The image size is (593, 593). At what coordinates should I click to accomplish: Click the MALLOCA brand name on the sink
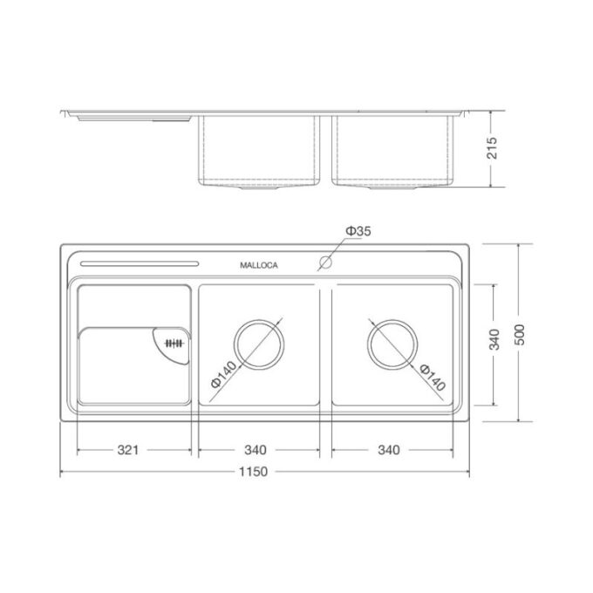258,266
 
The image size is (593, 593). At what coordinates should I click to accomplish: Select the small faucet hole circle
327,262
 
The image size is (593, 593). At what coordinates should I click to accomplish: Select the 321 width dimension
128,450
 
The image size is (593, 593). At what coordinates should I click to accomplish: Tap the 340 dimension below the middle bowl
256,450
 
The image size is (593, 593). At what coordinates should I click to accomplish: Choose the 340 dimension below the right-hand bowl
389,450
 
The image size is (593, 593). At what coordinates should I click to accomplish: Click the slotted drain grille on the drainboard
173,344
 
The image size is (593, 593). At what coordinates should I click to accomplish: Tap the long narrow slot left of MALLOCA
139,264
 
